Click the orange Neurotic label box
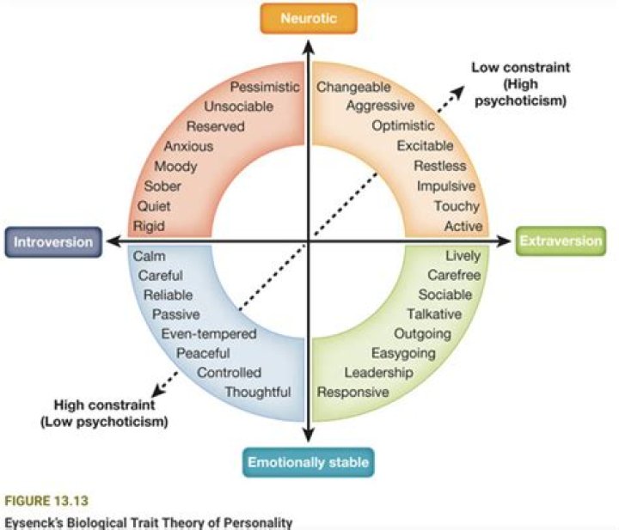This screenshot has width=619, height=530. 308,18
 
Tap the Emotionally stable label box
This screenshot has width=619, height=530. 308,463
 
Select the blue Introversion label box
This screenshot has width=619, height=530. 52,242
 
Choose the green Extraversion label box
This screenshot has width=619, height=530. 561,241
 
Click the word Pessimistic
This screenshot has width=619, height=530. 265,87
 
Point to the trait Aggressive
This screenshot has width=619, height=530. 380,107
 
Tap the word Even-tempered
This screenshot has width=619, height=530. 209,334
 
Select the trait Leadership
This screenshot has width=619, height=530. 378,373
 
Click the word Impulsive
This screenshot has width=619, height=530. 446,186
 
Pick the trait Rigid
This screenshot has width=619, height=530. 149,227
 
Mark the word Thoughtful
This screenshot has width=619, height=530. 258,393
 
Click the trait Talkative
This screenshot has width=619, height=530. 434,314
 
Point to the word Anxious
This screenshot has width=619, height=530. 188,146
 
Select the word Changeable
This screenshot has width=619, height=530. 353,87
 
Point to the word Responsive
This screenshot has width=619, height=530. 353,393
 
